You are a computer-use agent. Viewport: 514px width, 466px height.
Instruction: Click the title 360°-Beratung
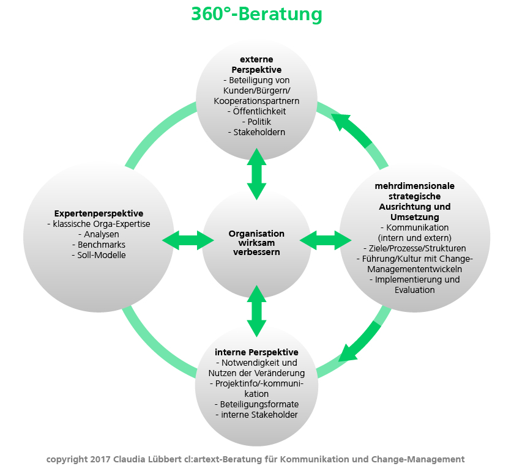coord(256,15)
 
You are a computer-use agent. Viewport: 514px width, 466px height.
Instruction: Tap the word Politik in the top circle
coord(259,122)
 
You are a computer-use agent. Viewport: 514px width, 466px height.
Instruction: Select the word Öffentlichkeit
coord(259,111)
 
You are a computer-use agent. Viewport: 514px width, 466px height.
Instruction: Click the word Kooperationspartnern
coord(256,101)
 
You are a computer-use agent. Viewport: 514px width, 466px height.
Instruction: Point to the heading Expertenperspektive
coord(99,213)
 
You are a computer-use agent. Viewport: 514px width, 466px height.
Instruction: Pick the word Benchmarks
coord(102,245)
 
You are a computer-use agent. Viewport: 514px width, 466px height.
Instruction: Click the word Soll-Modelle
coord(102,255)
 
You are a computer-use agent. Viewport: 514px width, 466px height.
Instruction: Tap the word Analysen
coord(102,234)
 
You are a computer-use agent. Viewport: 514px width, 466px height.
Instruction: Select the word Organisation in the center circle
coord(256,234)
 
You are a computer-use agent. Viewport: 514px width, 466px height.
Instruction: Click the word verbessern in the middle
coord(256,252)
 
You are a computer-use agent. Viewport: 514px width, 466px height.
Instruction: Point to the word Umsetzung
coord(415,217)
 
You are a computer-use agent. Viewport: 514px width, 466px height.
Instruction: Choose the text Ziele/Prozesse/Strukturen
coord(417,248)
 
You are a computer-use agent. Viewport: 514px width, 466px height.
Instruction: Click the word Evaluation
coord(415,290)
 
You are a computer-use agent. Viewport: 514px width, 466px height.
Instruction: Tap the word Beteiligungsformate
coord(259,404)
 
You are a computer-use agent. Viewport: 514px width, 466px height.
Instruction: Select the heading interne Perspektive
coord(256,352)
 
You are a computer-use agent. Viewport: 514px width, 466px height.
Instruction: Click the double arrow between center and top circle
coord(256,174)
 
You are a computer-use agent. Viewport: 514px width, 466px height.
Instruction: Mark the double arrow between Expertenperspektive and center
coord(188,240)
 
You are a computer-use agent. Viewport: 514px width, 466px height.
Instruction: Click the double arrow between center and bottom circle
coord(256,311)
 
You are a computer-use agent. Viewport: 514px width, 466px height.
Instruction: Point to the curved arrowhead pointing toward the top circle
coord(341,122)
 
